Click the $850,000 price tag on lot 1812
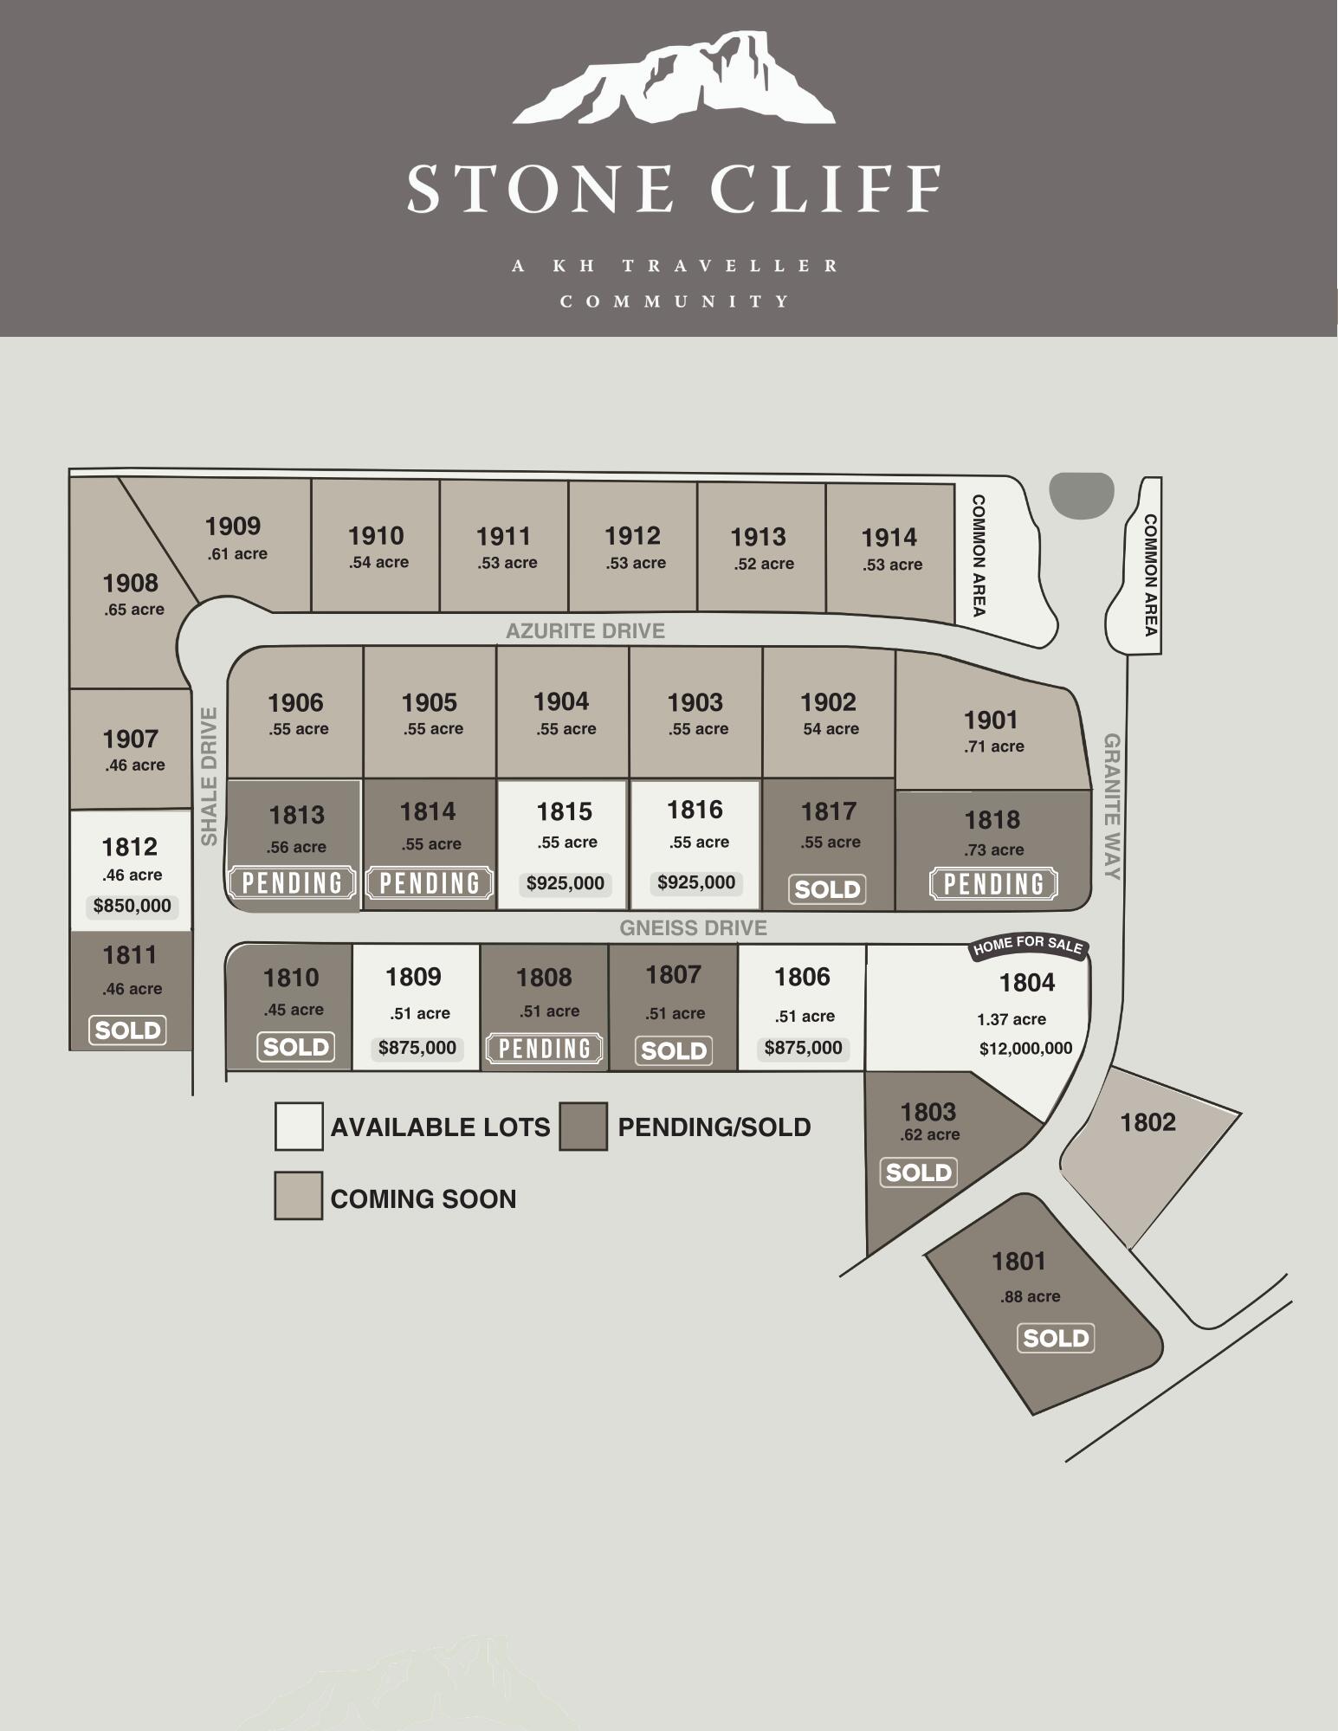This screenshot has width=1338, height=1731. click(x=132, y=906)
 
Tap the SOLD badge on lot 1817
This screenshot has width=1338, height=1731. click(x=827, y=889)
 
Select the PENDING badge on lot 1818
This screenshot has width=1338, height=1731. click(x=993, y=884)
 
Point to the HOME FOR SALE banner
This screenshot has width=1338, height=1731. click(x=1028, y=946)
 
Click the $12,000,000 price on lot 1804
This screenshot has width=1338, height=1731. click(x=1025, y=1049)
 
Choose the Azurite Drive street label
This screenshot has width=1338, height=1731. click(x=585, y=631)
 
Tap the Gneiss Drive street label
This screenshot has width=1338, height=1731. click(x=693, y=928)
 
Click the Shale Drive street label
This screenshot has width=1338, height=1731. click(x=210, y=776)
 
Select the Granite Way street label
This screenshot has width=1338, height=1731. click(x=1112, y=806)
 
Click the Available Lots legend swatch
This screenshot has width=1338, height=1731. click(x=299, y=1126)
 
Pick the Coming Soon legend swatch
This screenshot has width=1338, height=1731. click(x=299, y=1196)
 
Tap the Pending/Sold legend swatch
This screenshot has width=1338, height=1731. click(x=583, y=1126)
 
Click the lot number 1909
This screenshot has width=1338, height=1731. click(x=233, y=526)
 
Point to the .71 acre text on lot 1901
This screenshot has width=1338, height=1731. click(x=994, y=746)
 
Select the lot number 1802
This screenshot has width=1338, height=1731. click(x=1147, y=1123)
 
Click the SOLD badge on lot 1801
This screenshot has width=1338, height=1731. click(x=1056, y=1339)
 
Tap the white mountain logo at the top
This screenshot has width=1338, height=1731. click(x=674, y=79)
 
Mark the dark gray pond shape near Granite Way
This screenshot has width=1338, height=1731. click(x=1081, y=495)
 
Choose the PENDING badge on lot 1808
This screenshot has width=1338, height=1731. click(x=545, y=1049)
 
